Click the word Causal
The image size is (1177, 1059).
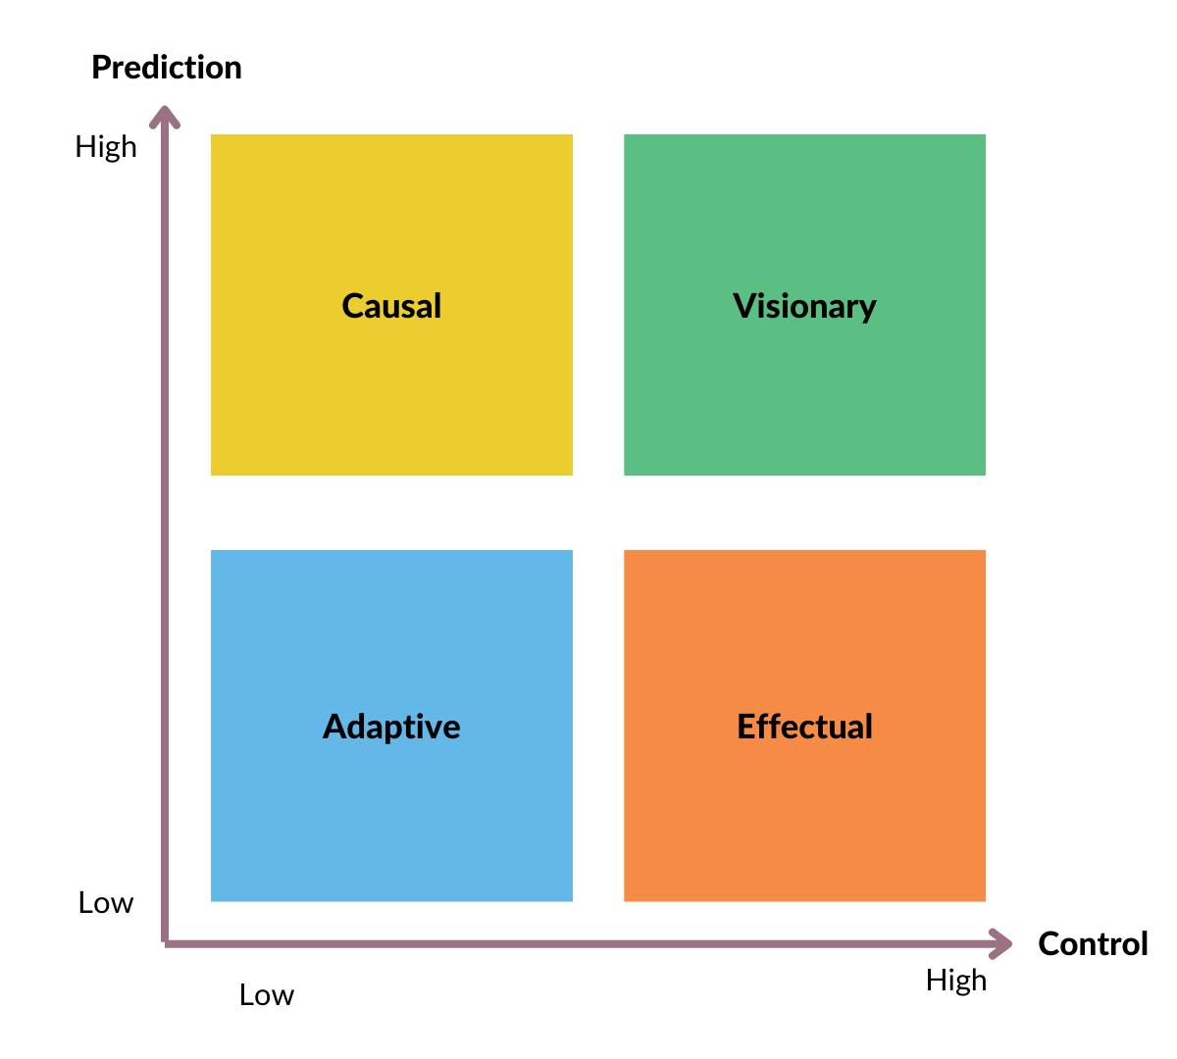pos(391,306)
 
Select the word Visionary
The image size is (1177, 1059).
pos(804,306)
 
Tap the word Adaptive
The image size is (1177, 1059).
pos(391,727)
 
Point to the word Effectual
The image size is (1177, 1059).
pos(804,727)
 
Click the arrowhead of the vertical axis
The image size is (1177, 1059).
pos(165,116)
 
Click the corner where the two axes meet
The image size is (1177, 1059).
pos(165,943)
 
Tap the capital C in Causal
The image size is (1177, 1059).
pos(353,306)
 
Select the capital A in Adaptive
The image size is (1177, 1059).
pos(334,727)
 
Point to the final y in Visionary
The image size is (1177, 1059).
pos(866,310)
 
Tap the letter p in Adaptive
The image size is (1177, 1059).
pos(393,731)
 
